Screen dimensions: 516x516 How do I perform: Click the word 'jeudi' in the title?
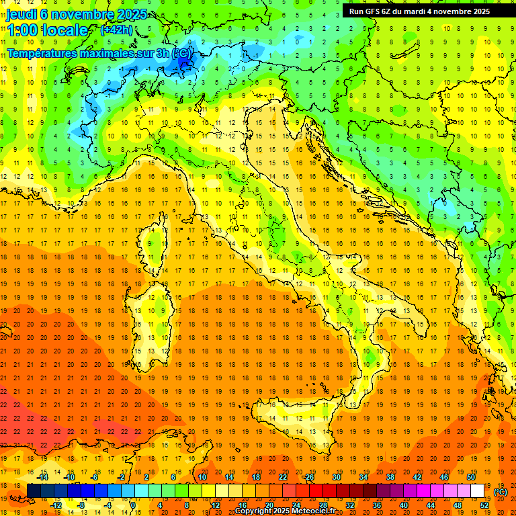click(21, 14)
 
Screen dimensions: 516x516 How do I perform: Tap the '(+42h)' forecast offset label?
click(116, 30)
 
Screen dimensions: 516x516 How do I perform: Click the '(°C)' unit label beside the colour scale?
click(501, 492)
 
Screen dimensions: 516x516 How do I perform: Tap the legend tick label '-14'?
click(43, 477)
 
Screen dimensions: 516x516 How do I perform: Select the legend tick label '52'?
click(484, 505)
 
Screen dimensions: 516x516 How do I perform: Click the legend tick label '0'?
click(133, 505)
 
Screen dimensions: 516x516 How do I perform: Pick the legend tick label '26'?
click(310, 477)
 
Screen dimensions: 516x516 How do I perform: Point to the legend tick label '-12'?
click(56, 505)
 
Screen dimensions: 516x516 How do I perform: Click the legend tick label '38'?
click(390, 477)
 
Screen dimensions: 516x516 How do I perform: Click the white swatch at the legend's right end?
click(478, 491)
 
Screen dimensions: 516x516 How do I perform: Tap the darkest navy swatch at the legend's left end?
click(34, 491)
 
